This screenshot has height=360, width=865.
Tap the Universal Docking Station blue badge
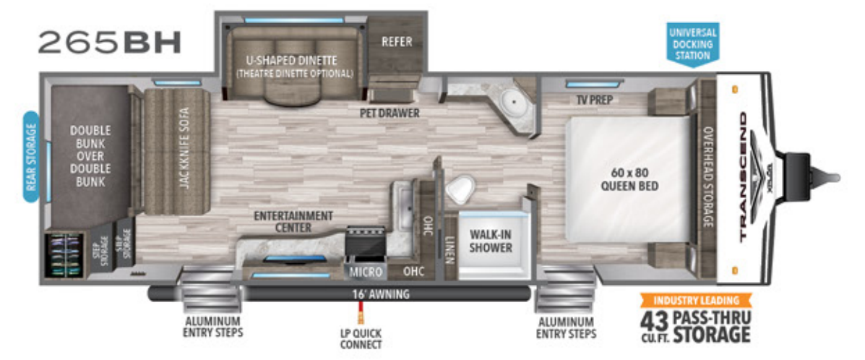click(x=692, y=43)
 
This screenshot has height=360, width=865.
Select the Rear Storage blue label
click(x=31, y=156)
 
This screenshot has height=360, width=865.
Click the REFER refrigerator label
click(x=396, y=42)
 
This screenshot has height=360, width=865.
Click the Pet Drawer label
click(x=390, y=113)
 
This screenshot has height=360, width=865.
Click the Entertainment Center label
click(x=293, y=222)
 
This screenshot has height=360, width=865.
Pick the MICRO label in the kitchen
click(x=361, y=272)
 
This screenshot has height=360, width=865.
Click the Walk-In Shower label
click(x=491, y=241)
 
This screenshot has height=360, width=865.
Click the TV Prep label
click(x=593, y=100)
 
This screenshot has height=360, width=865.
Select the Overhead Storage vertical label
click(x=707, y=176)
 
